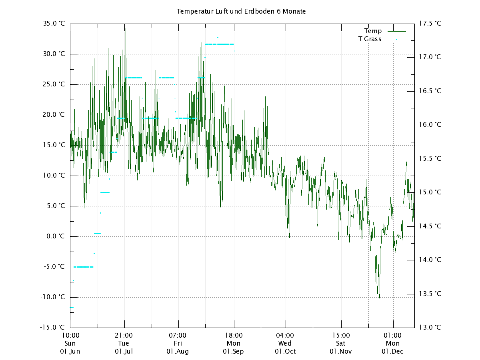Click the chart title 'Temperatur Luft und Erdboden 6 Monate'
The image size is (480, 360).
tap(241, 11)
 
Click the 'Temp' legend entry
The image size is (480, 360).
tap(373, 31)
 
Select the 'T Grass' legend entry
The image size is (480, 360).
tap(370, 39)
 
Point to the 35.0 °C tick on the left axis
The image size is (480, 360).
tap(54, 24)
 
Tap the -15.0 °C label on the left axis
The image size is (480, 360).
tap(52, 327)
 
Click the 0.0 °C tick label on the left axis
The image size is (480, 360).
tap(55, 236)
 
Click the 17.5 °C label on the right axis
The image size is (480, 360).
tap(430, 24)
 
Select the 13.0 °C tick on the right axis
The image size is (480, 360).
tap(430, 327)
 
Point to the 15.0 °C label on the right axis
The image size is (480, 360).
tap(430, 192)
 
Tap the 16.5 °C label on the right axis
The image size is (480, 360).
tap(430, 91)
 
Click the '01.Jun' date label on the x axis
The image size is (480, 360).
tap(70, 352)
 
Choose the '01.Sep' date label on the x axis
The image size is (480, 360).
tap(234, 352)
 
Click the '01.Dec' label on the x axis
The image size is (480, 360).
tap(392, 352)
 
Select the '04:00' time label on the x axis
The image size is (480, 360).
tap(285, 335)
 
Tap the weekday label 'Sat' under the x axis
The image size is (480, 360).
tap(341, 343)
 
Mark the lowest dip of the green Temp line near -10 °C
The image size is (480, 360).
tap(379, 297)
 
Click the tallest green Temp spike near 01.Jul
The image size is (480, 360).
tap(126, 29)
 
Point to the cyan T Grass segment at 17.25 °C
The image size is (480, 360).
tap(219, 44)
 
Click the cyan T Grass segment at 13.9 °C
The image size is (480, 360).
tap(84, 267)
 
